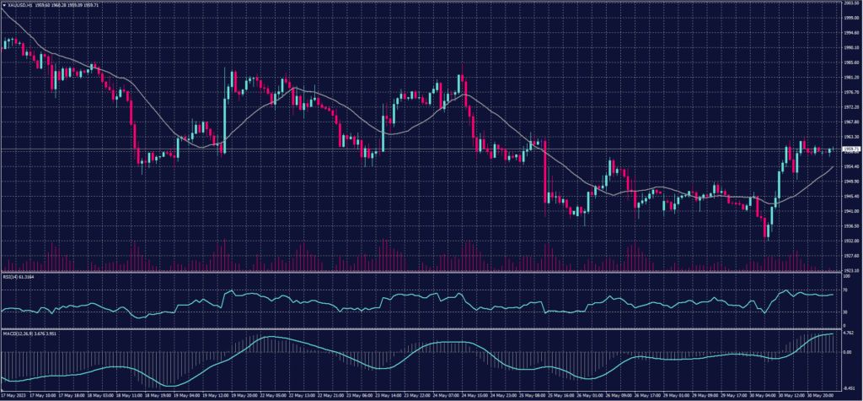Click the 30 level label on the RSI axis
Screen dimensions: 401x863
(x=845, y=312)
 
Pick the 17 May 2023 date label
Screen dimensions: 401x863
(x=13, y=394)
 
